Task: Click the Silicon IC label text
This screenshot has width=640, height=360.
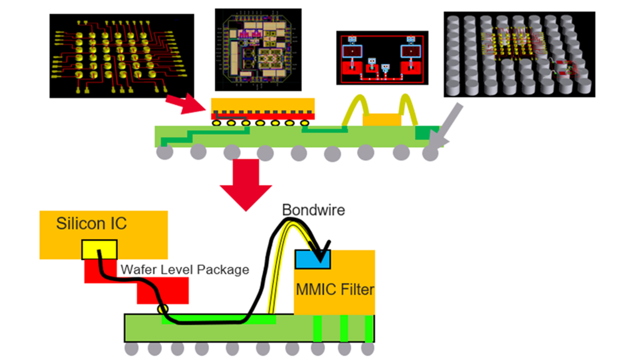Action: [x=91, y=224]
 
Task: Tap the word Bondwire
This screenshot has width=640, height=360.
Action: [x=313, y=210]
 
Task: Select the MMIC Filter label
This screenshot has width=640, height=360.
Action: [x=335, y=289]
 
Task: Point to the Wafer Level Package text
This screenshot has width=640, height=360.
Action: [x=185, y=270]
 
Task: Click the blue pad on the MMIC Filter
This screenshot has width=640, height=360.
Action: [x=312, y=259]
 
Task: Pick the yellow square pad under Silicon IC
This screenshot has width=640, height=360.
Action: [x=99, y=250]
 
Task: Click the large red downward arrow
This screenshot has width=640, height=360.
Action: [x=246, y=184]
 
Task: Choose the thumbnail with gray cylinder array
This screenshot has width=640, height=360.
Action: [x=519, y=54]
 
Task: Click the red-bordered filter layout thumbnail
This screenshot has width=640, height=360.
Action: [x=382, y=58]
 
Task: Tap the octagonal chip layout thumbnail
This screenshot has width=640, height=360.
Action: [x=258, y=50]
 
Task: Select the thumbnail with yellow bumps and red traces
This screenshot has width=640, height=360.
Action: [x=122, y=56]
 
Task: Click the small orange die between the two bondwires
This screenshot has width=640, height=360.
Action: [x=382, y=120]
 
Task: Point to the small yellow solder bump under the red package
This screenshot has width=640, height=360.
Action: [x=162, y=309]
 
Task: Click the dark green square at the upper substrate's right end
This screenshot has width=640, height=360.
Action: [x=424, y=132]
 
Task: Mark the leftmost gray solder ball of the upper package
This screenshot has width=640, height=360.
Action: [x=164, y=152]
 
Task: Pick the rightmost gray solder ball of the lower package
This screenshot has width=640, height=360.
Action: [x=368, y=348]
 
